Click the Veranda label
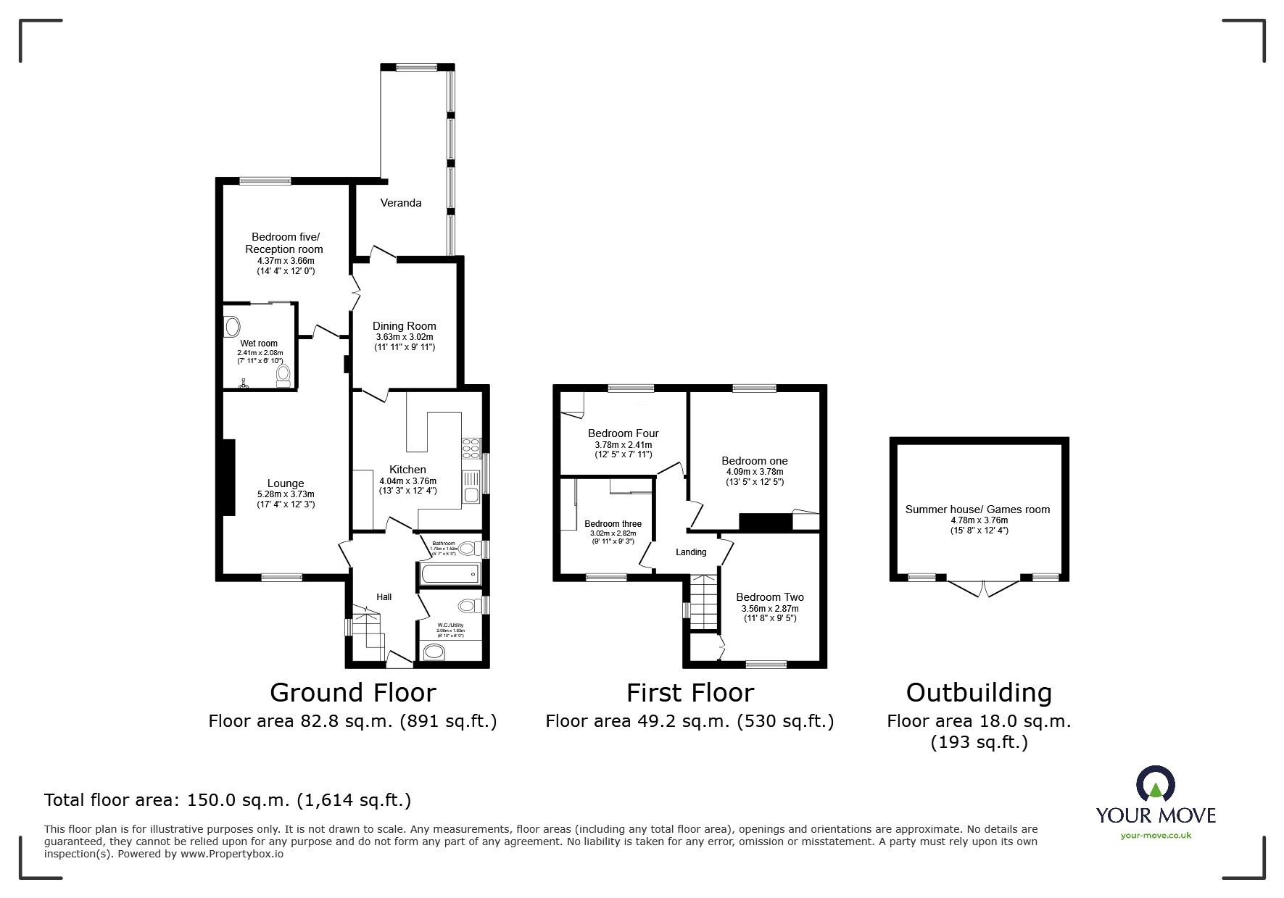coord(401,203)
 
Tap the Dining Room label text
coord(404,326)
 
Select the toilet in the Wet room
coord(283,375)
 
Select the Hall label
coord(384,597)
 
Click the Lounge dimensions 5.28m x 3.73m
coord(286,494)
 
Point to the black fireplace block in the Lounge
coord(229,477)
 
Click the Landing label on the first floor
coord(690,552)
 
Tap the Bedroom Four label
coord(623,433)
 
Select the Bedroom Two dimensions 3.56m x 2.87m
coord(769,609)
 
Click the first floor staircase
coord(703,602)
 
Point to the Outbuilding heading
coord(979,693)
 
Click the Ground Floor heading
coord(352,693)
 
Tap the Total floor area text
coord(228,800)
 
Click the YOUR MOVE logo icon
coord(1155,786)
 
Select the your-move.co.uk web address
coord(1156,836)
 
